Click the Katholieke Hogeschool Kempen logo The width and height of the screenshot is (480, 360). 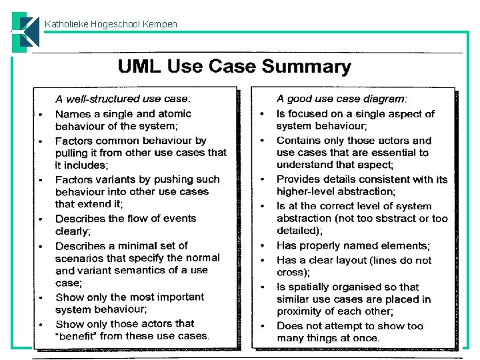(25, 32)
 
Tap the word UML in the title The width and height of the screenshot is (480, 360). (139, 66)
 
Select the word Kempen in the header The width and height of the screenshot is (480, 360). (160, 25)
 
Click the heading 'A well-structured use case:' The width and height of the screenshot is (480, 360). (123, 99)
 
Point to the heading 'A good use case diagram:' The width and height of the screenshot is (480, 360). (341, 99)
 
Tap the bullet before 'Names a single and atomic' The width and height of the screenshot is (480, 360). (41, 115)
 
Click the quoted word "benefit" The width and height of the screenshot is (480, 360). (75, 336)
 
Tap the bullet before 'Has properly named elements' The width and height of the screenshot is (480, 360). (263, 246)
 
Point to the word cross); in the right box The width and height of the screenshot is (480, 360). (293, 273)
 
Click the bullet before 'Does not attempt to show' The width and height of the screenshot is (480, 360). (263, 326)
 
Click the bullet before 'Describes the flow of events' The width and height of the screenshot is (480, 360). (41, 219)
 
